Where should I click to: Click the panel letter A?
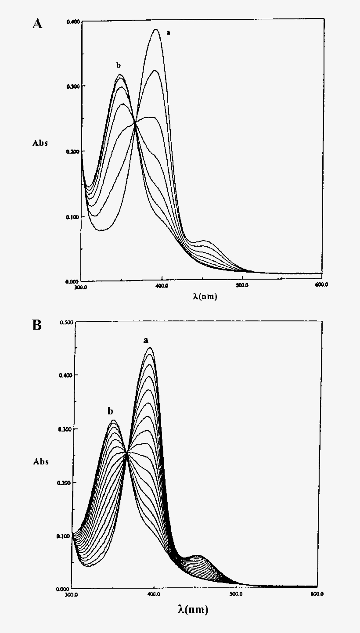coord(37,24)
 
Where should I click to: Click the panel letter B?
coord(37,325)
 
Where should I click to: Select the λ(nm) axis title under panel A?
coord(205,296)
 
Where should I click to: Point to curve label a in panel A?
coord(168,32)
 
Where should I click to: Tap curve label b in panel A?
coord(118,65)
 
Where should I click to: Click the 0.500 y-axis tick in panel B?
coord(66,323)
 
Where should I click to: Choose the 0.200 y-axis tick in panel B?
coord(66,482)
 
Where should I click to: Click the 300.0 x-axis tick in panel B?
coord(71,595)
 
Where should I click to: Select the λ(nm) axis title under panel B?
coord(193,609)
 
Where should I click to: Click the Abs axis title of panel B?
coord(41,462)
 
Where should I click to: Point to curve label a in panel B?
coord(146,340)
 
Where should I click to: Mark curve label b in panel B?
coord(111,411)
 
